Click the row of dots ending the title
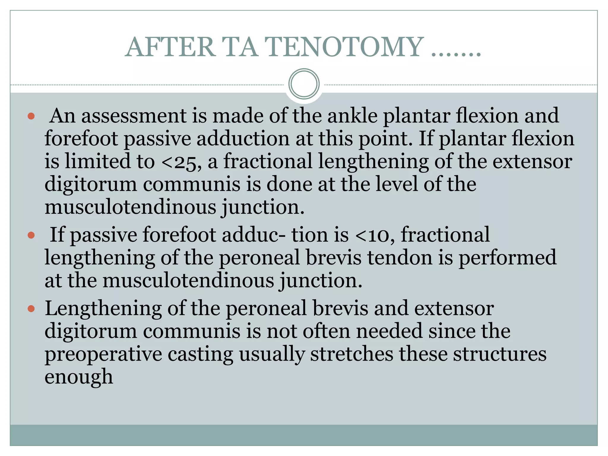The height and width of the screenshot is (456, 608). pos(456,53)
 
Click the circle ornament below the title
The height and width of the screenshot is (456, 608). pos(304,84)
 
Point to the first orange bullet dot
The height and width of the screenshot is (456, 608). pos(31,116)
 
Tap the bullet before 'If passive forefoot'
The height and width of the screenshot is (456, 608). pos(31,235)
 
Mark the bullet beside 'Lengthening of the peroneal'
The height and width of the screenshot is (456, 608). pos(31,309)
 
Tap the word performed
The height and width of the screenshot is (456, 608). pos(507,258)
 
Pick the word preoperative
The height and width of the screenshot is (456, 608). pos(103,355)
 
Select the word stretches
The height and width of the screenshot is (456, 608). pos(351,354)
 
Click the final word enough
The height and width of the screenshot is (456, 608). pos(79,377)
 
